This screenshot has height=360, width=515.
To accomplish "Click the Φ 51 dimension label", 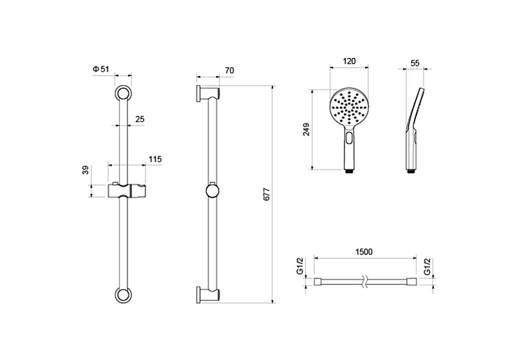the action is pyautogui.click(x=100, y=69).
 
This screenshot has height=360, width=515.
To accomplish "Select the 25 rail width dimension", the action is pyautogui.click(x=140, y=119).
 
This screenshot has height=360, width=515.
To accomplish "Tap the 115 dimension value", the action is pyautogui.click(x=155, y=159).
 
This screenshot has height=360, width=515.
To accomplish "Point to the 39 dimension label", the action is pyautogui.click(x=86, y=170).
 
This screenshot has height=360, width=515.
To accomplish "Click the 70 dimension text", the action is pyautogui.click(x=230, y=71).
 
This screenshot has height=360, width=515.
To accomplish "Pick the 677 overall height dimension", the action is pyautogui.click(x=267, y=194).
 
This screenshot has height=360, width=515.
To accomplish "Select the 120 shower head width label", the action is pyautogui.click(x=349, y=61).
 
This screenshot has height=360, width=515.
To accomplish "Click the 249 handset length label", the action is pyautogui.click(x=306, y=129).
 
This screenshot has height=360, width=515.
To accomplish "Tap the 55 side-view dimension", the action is pyautogui.click(x=415, y=63).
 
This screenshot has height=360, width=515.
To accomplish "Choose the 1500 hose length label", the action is pyautogui.click(x=364, y=252).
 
